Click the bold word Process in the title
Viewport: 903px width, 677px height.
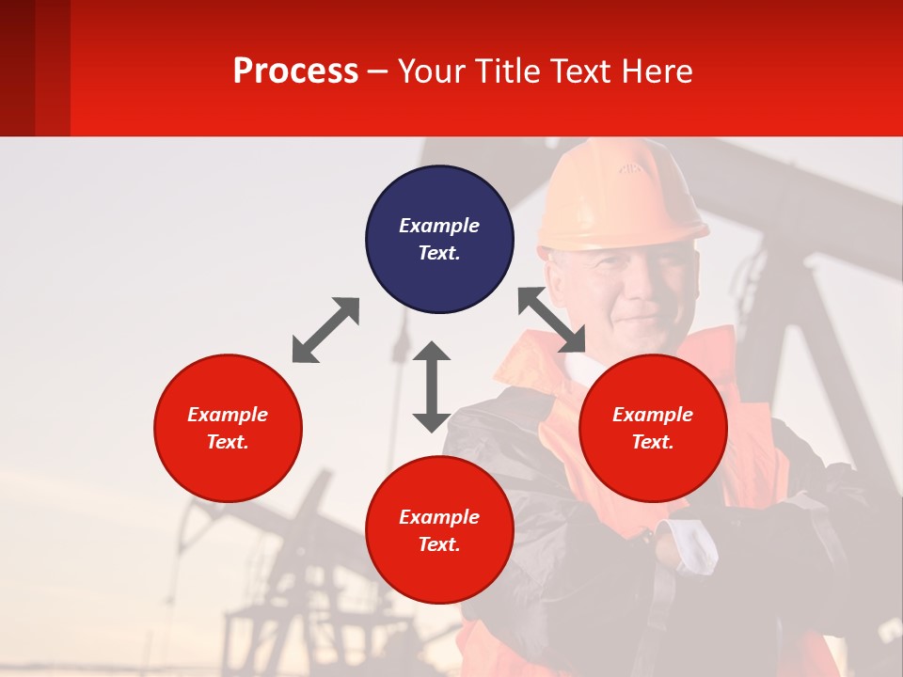pos(295,71)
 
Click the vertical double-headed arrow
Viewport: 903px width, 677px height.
pos(432,386)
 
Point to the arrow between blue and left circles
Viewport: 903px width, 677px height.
pos(325,330)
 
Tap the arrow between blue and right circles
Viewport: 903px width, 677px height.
pos(552,320)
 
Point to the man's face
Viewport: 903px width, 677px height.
pos(626,287)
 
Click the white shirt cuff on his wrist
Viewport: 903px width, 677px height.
pos(688,546)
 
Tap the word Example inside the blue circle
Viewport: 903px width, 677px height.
pos(439,226)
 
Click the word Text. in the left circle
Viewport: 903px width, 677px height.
pos(228,442)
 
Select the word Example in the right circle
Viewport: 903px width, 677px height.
pos(653,415)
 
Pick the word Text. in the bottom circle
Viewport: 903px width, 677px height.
pos(439,544)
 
